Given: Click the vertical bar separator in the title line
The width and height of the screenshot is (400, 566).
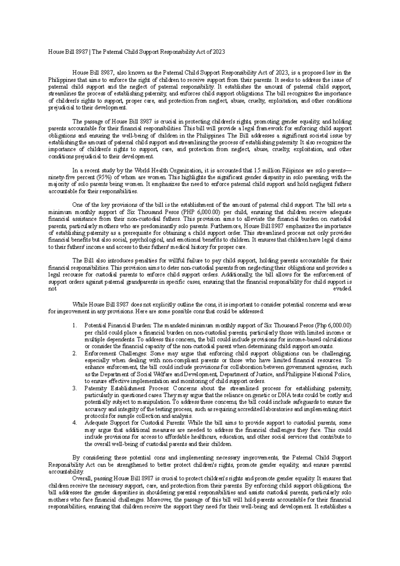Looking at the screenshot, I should pos(89,52).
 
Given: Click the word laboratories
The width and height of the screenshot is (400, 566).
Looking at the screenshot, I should pos(277,409).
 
